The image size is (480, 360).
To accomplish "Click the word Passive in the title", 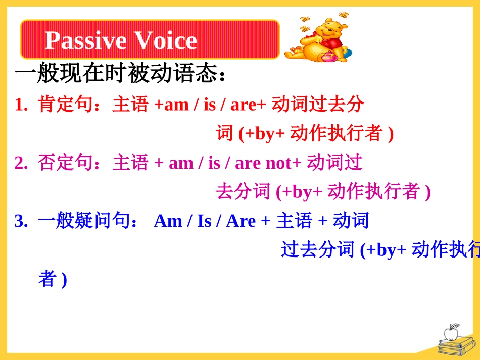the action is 86,41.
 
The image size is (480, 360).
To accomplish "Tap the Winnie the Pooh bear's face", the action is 327,30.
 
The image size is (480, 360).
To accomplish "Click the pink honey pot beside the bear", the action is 327,56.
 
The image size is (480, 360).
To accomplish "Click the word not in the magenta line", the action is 278,163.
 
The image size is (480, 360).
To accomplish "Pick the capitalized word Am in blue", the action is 168,221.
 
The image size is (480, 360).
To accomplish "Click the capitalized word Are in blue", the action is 241,221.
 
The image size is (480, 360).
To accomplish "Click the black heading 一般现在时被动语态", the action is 117,73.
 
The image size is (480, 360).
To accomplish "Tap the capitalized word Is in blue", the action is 204,221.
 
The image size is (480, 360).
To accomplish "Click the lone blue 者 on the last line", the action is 47,279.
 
